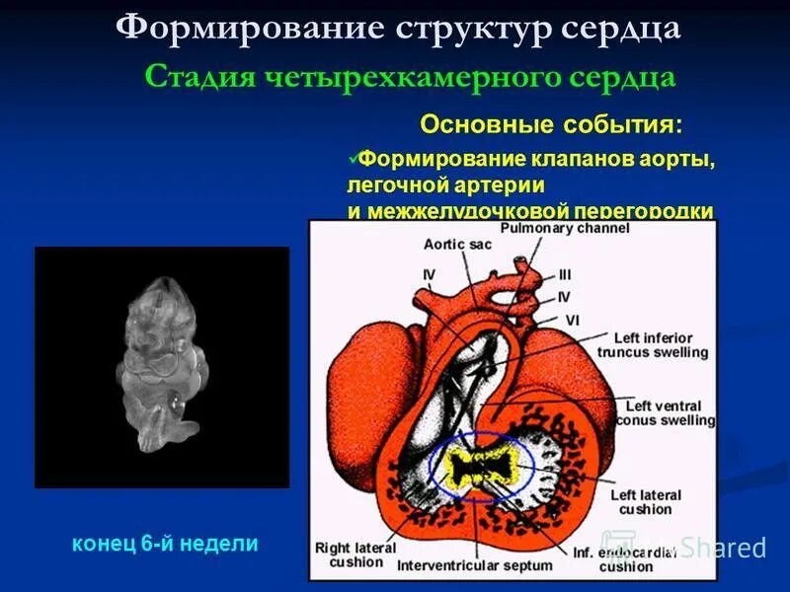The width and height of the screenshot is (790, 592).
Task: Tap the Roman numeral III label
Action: tap(564, 274)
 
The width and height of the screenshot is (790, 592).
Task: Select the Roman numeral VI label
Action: tap(572, 318)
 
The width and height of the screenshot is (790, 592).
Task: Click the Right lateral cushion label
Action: tap(355, 555)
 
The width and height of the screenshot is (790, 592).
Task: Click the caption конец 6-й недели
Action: tap(165, 543)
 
